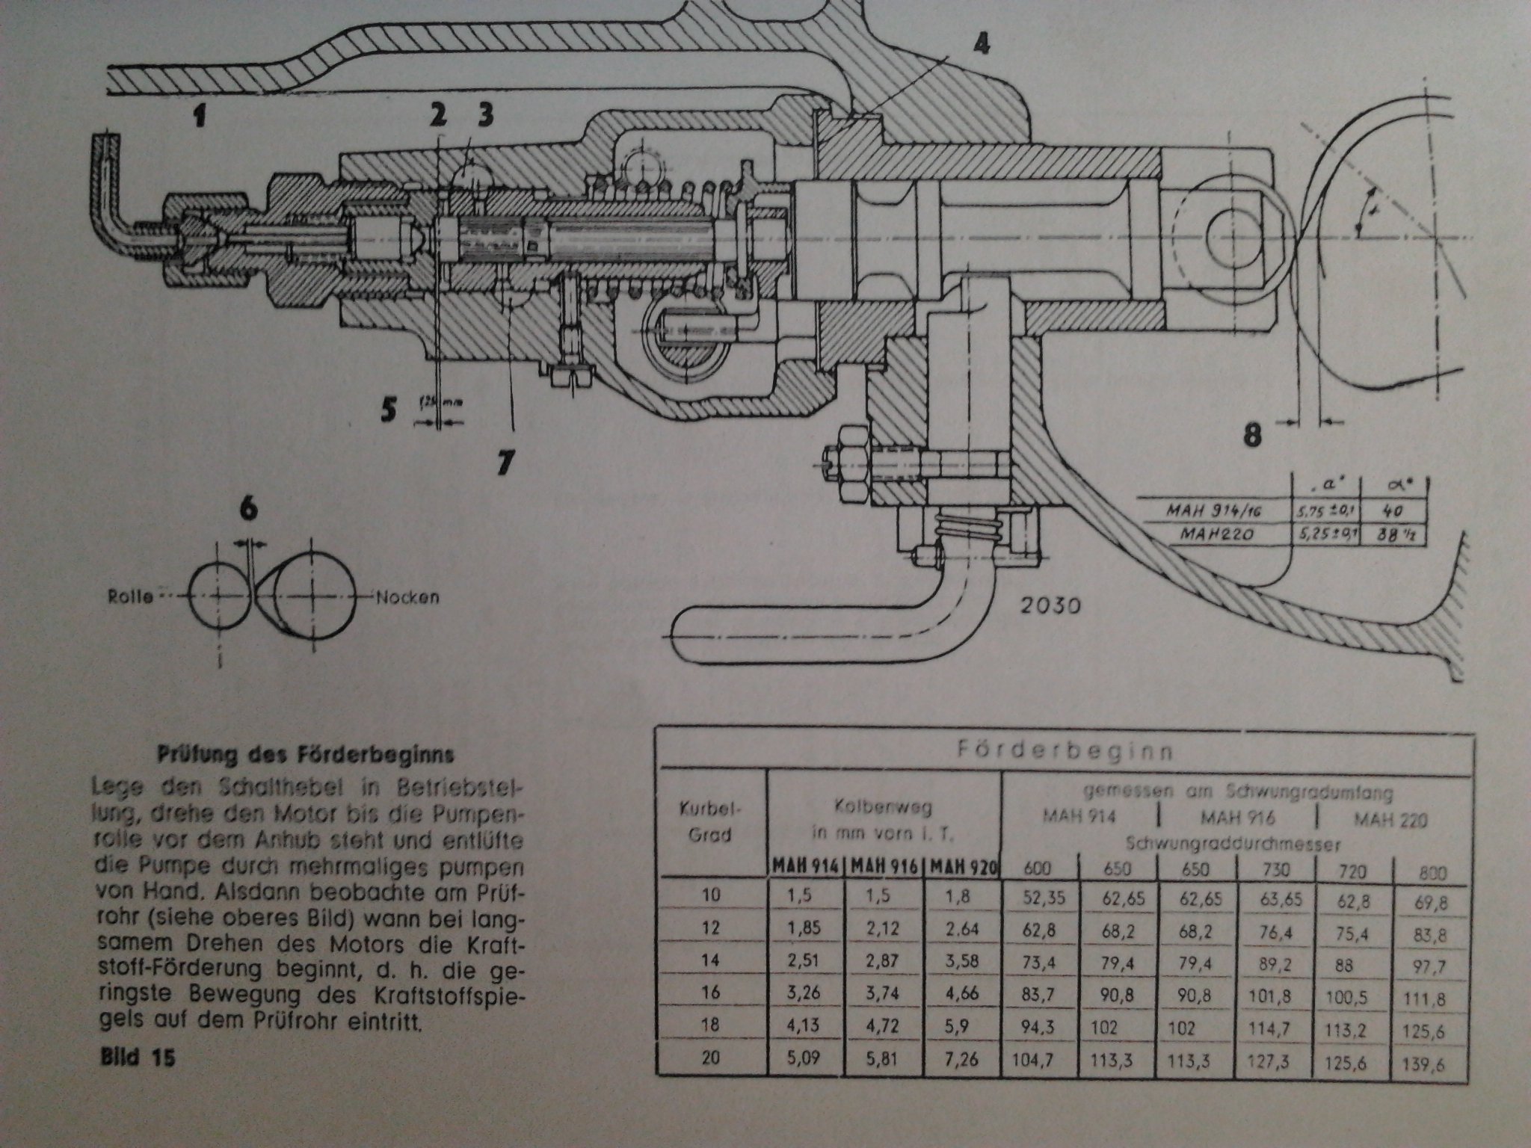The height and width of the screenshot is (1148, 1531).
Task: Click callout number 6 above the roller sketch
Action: point(249,509)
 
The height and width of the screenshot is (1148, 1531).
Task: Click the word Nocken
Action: point(407,597)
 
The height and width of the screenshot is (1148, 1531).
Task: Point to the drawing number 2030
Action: point(1050,605)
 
